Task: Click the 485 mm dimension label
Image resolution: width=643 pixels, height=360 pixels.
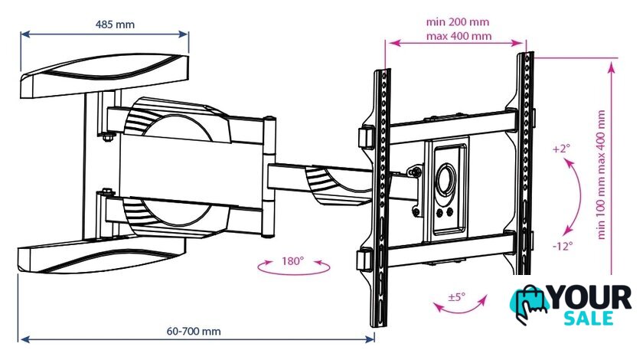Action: point(115,25)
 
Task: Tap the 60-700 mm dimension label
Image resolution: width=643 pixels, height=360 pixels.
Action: point(194,331)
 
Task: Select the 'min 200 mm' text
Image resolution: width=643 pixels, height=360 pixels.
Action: point(458,21)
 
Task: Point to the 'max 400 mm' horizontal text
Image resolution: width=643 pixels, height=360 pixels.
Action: point(459,36)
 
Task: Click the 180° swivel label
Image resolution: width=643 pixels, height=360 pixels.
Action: point(292,260)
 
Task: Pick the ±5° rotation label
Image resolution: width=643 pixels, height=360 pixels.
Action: point(456,296)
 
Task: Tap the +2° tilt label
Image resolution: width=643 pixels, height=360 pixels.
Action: point(561,149)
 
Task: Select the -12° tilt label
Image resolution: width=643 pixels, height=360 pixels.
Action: point(562,247)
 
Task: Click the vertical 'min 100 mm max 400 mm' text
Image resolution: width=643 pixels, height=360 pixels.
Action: point(601,175)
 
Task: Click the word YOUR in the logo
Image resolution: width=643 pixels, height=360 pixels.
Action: point(589,297)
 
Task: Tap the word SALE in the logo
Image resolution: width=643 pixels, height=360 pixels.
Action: point(589,318)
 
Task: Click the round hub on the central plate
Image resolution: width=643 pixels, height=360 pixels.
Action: point(446,180)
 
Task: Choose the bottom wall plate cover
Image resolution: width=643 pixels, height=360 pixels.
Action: point(101,256)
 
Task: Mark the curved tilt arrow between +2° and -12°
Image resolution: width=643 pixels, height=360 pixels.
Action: point(577,198)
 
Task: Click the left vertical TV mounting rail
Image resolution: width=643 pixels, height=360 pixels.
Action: point(381,197)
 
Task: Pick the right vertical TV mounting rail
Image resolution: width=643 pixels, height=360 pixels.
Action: point(524,163)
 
